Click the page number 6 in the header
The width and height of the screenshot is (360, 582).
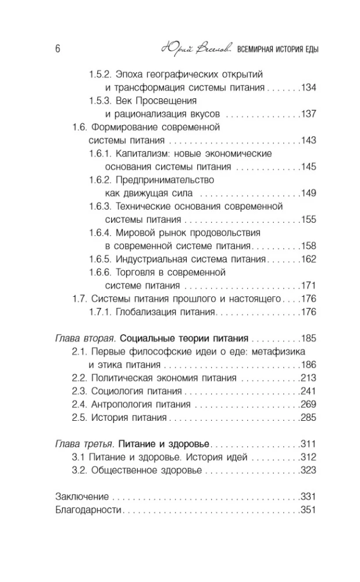[x=58, y=49]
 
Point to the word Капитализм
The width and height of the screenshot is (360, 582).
[x=141, y=154]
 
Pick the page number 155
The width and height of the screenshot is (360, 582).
[x=308, y=219]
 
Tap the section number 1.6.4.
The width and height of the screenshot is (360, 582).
[x=100, y=232]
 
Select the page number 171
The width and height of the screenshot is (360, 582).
[x=308, y=285]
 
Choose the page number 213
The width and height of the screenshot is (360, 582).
[x=308, y=378]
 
